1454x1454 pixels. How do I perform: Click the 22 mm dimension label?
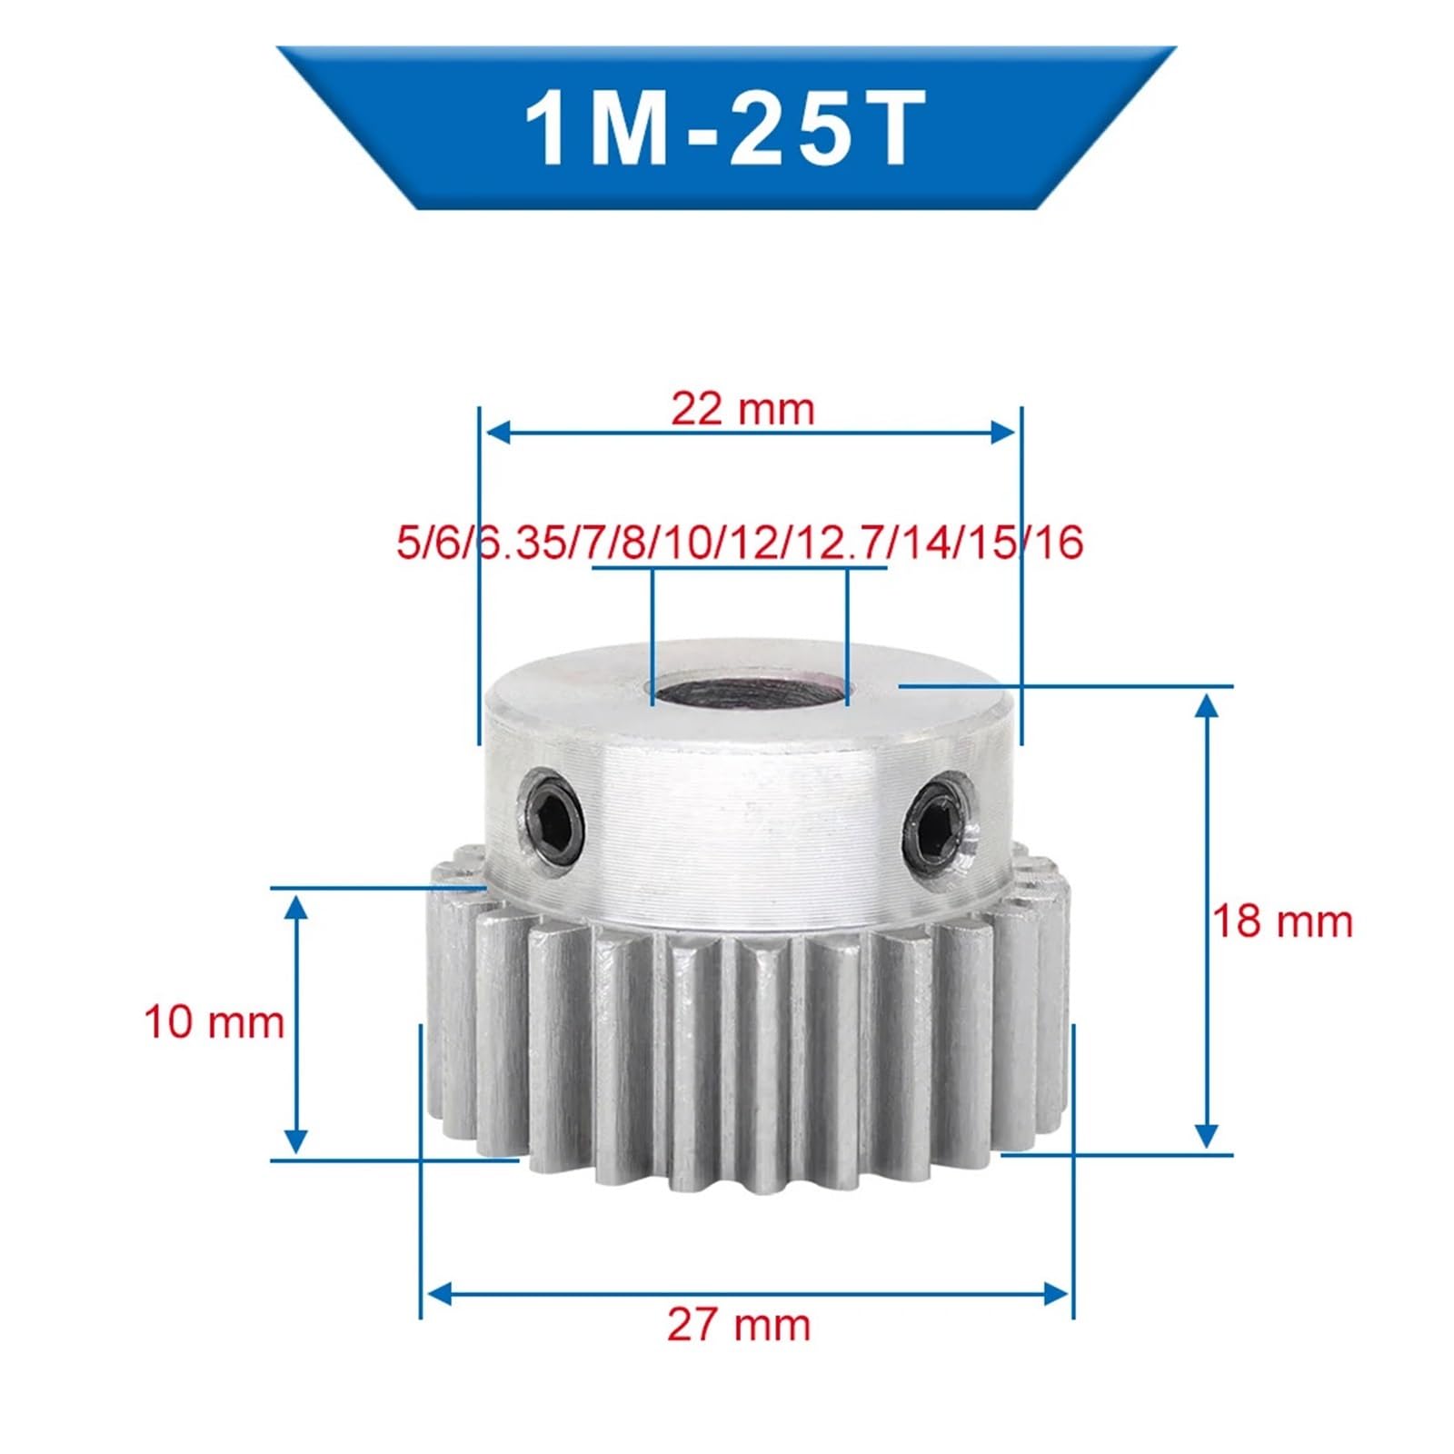[742, 409]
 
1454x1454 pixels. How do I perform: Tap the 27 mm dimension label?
[738, 1325]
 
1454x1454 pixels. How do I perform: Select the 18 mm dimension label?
[1282, 921]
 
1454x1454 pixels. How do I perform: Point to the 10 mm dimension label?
[214, 1022]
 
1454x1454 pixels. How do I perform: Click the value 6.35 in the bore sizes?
[521, 543]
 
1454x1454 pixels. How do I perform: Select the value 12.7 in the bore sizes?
[845, 543]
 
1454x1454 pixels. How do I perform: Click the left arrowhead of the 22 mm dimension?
[496, 432]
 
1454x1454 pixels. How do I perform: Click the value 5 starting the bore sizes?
[404, 543]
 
